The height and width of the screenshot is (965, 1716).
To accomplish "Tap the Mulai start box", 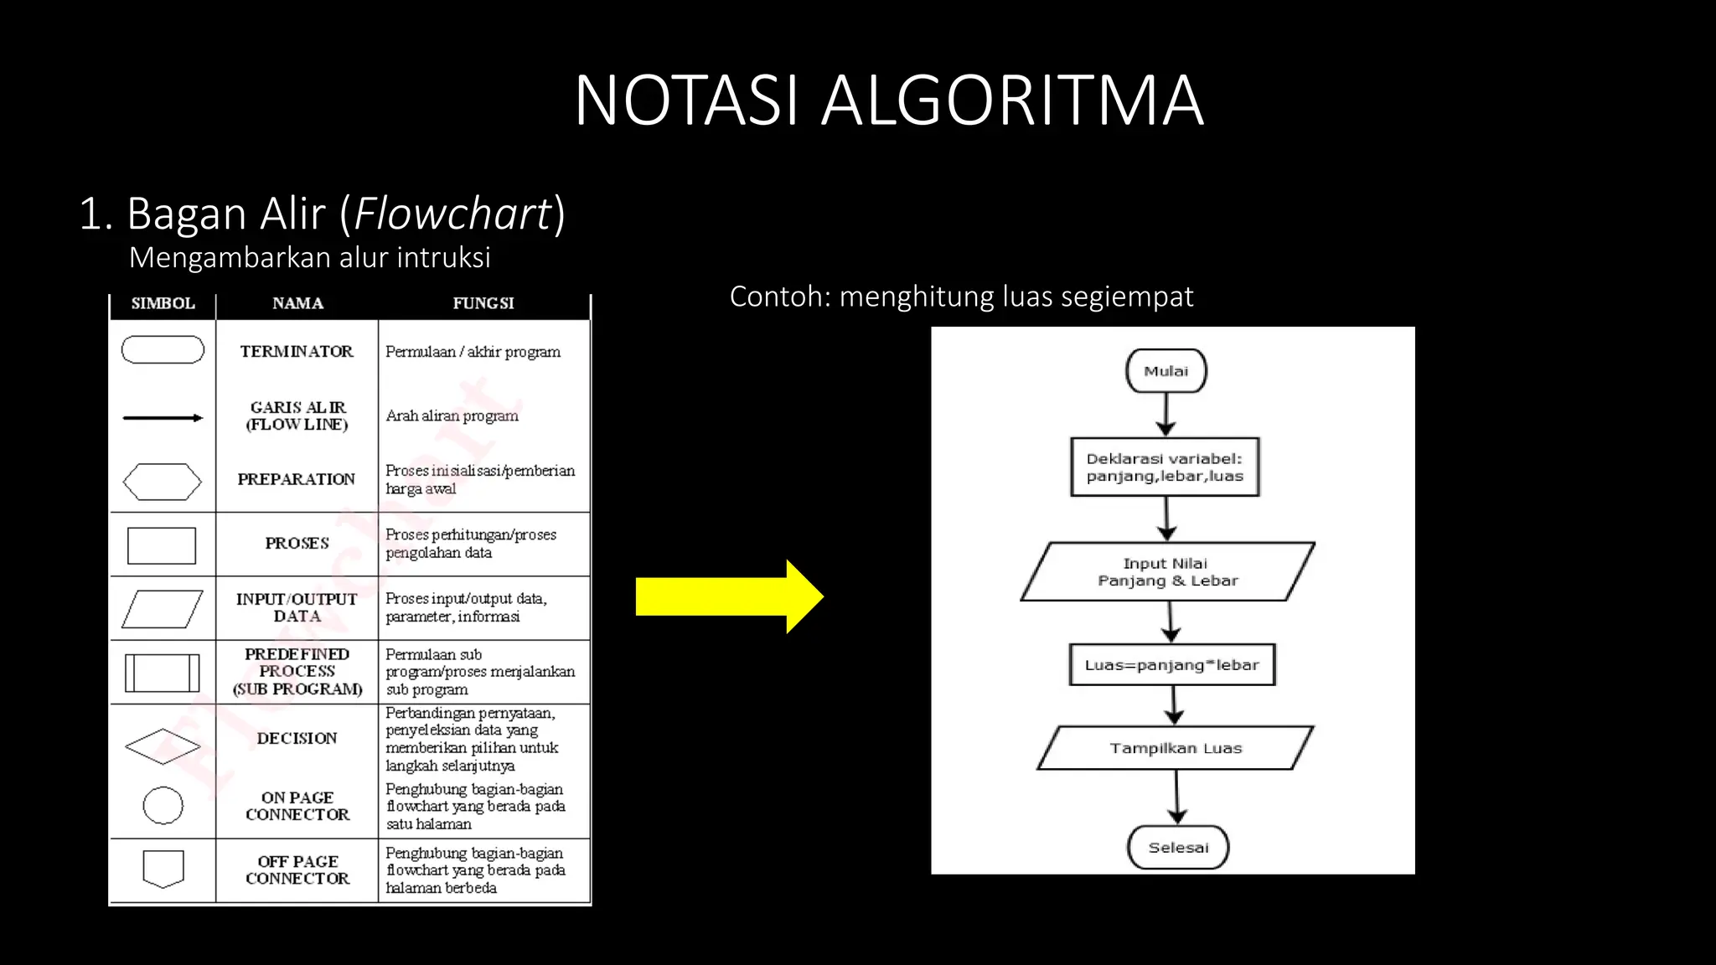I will tap(1166, 371).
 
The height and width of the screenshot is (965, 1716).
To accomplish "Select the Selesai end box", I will tap(1177, 848).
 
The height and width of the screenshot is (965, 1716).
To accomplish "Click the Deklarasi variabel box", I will tap(1165, 467).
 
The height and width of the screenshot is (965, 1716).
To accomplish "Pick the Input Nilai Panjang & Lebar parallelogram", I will tap(1167, 572).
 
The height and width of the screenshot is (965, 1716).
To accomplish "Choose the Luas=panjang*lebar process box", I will tap(1171, 665).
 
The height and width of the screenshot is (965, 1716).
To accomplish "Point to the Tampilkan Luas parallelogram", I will tap(1175, 748).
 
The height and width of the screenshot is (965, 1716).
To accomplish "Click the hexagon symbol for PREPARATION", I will tap(163, 482).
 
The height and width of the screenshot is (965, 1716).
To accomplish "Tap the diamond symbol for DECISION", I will tap(163, 746).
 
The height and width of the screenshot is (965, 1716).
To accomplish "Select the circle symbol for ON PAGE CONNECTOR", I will tap(163, 806).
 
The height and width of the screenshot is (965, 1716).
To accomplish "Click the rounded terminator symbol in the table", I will tap(163, 350).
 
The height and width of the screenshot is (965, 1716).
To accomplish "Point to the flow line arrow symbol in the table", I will tap(163, 417).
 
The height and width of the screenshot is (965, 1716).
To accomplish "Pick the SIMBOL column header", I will tap(163, 303).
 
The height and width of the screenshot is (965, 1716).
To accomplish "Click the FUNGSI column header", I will tap(483, 303).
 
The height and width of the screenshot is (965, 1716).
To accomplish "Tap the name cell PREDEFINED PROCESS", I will tap(297, 672).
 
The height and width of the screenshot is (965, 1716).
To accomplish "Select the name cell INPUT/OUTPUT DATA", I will tap(297, 607).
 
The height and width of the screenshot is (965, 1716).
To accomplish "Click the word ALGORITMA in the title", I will tap(1012, 101).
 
